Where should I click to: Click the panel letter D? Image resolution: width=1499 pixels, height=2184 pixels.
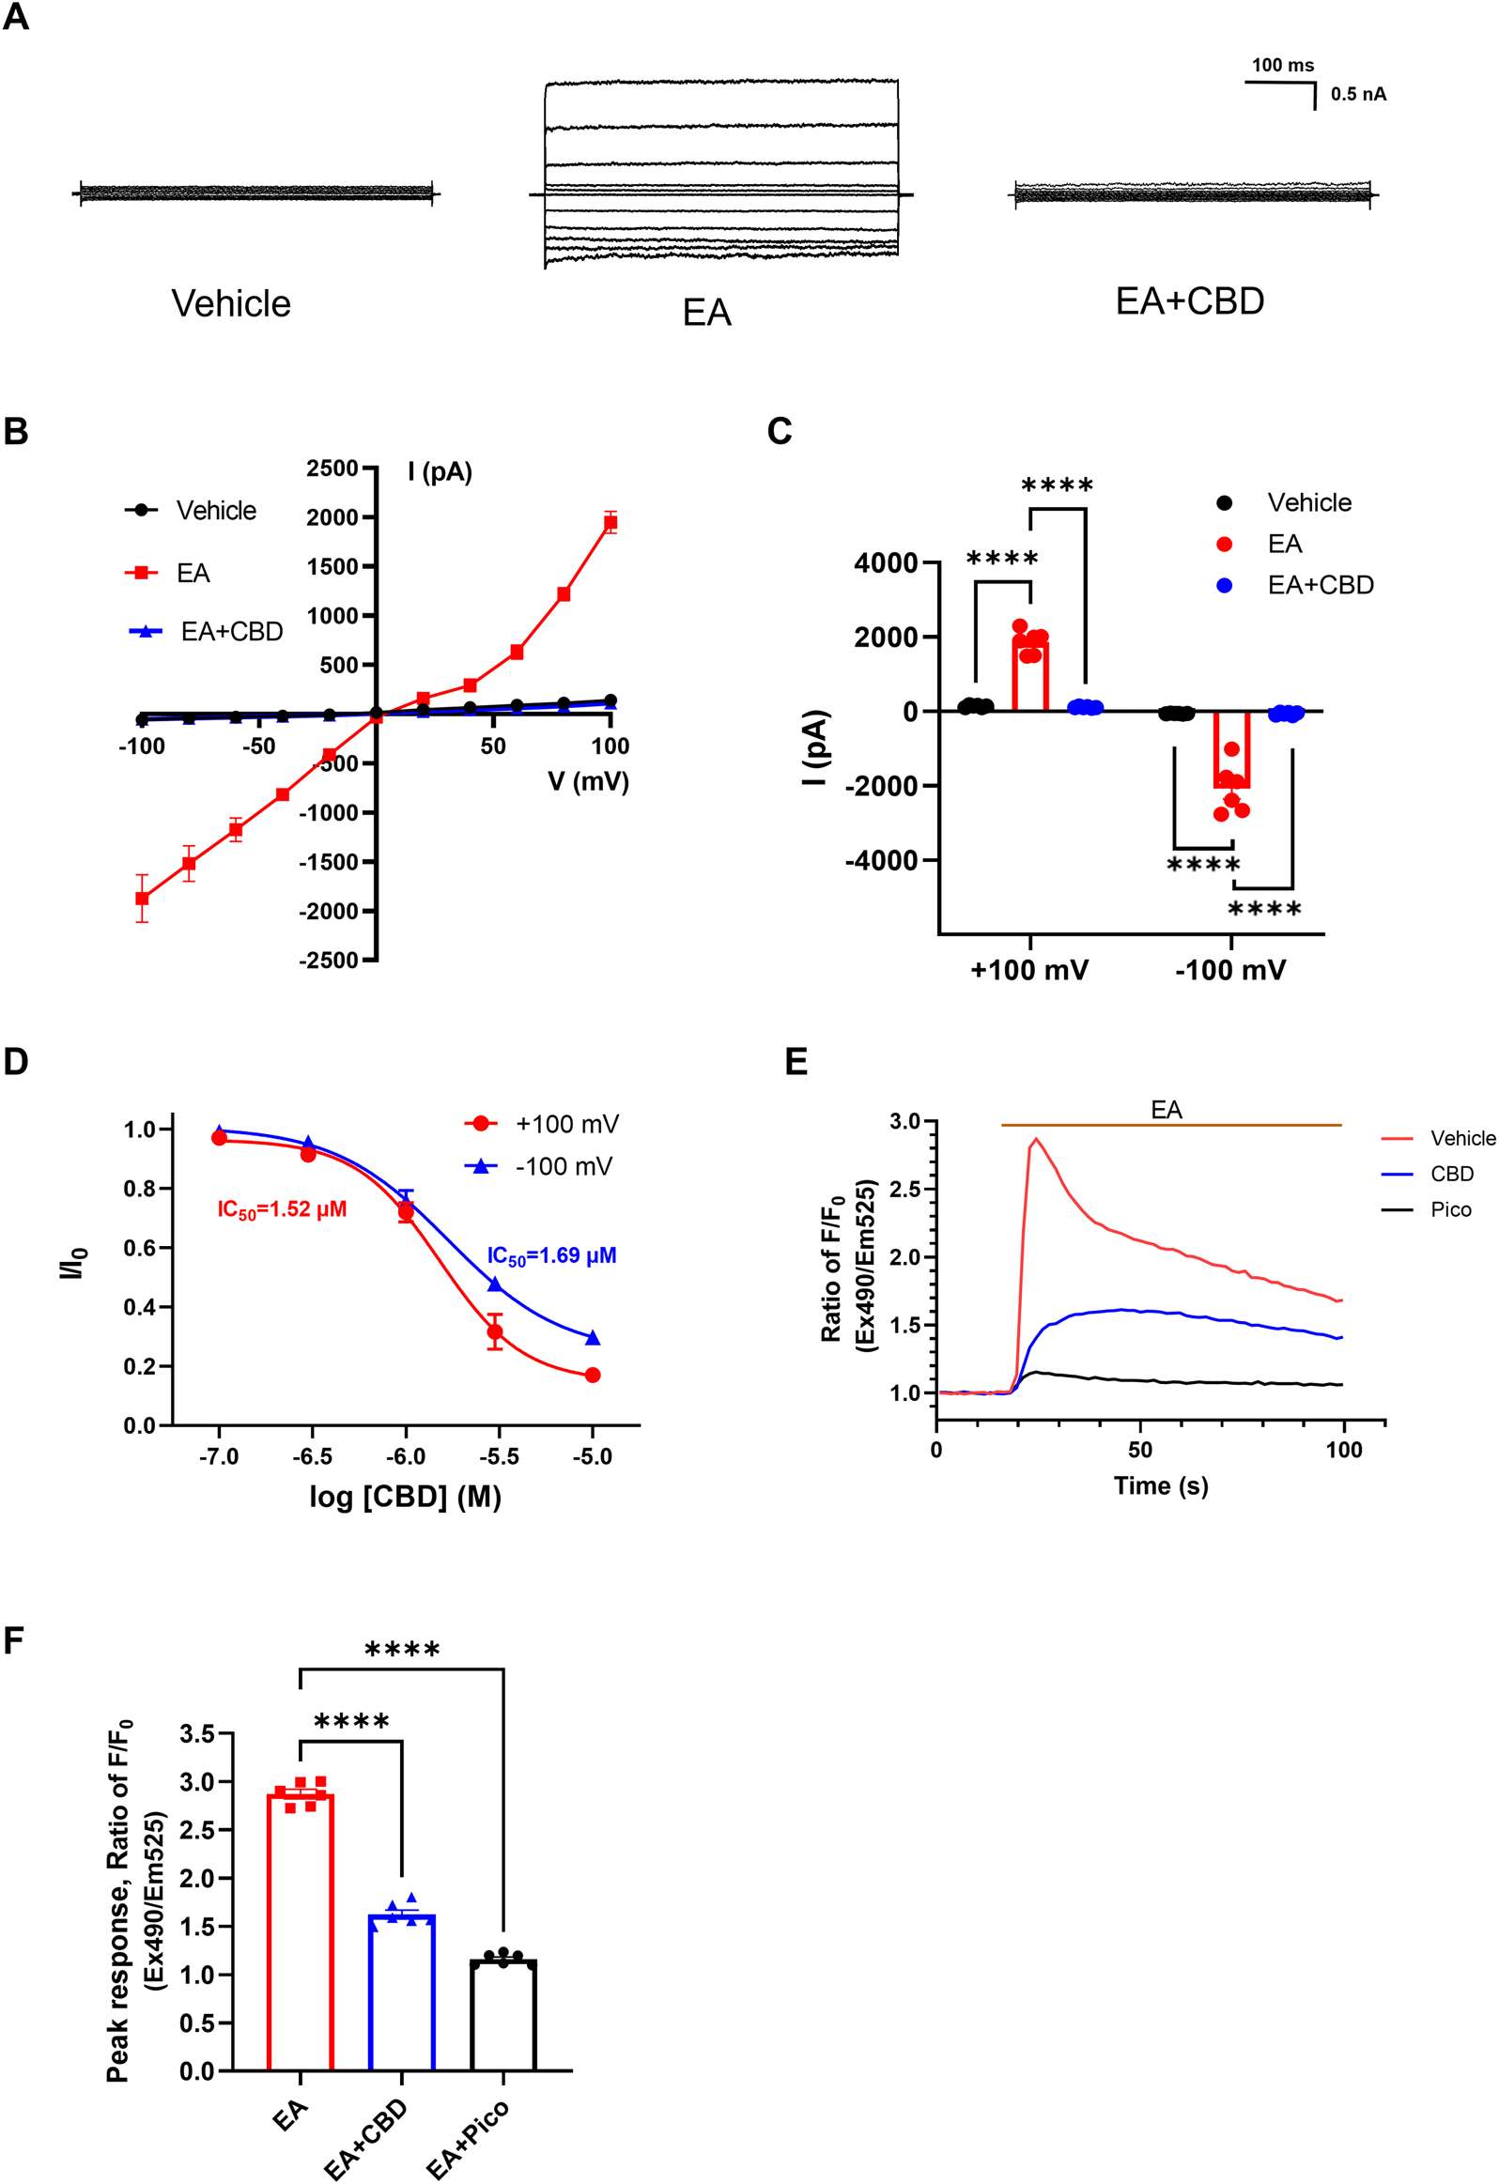point(16,1062)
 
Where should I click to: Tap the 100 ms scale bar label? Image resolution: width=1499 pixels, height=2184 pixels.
point(1282,66)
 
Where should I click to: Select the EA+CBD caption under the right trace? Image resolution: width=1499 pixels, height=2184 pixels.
point(1189,301)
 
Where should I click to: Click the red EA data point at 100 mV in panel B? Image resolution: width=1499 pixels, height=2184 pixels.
point(610,522)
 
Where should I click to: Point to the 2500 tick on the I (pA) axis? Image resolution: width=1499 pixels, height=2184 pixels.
point(332,468)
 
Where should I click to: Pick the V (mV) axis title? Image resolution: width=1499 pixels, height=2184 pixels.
point(588,782)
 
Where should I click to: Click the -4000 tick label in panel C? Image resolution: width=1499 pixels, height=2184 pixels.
point(881,861)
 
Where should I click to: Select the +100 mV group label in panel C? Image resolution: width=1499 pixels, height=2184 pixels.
point(1029,970)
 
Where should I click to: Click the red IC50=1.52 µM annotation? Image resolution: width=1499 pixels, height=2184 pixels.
point(282,1209)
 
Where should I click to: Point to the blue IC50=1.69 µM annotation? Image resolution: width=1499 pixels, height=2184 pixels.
point(551,1255)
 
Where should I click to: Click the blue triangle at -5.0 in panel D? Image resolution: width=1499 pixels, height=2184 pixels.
point(593,1338)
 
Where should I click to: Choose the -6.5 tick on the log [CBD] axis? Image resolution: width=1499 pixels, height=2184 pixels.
point(312,1456)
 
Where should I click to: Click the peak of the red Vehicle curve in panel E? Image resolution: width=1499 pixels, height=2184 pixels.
point(1036,1139)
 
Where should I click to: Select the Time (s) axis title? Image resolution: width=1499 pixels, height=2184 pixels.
point(1161,1485)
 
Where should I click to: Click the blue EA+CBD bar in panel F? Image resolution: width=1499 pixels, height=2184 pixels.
point(402,1992)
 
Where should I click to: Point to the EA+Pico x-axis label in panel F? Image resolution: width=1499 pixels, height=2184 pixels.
point(468,2138)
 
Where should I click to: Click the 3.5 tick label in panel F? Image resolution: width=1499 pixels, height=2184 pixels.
point(197,1734)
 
